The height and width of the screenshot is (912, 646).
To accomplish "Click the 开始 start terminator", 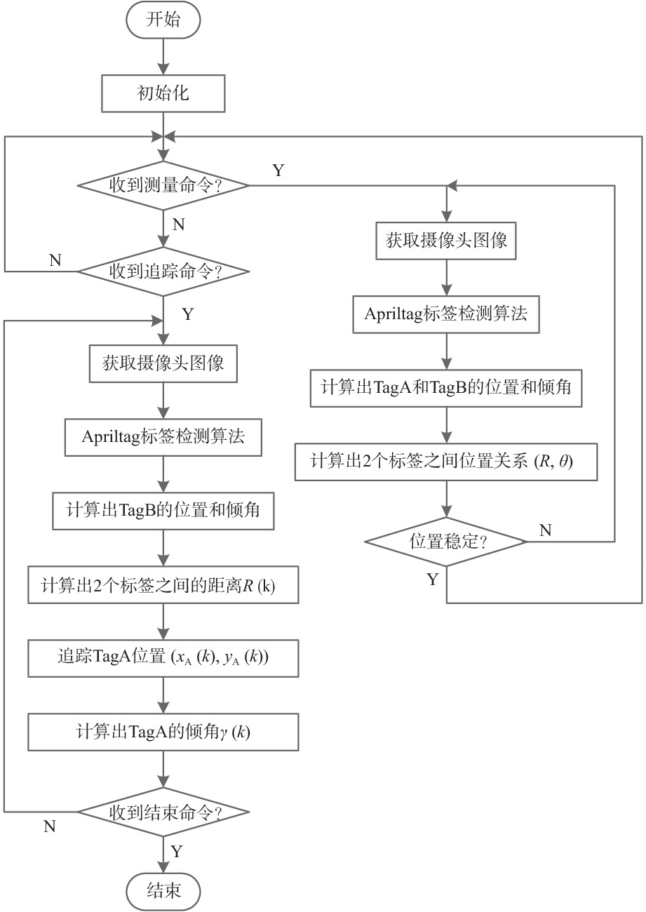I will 163,20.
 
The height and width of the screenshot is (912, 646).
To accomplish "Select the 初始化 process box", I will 163,93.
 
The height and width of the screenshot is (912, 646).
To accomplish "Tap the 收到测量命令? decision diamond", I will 163,186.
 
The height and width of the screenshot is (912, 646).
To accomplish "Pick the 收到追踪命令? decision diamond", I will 163,271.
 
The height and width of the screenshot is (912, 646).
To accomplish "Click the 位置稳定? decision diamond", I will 447,541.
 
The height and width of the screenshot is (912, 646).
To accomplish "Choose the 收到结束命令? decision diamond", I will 163,813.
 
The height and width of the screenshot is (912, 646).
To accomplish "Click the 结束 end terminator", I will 163,891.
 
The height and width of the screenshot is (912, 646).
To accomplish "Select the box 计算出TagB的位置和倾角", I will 163,510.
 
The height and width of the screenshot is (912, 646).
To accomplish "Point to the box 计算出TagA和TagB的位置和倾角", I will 447,389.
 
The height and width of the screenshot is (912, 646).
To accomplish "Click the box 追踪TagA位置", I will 163,658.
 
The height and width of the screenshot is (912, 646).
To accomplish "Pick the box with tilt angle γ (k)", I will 163,732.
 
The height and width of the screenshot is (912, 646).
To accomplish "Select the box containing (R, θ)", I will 447,462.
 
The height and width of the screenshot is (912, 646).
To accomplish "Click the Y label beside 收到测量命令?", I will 278,170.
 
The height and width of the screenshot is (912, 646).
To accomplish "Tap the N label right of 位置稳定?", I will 544,530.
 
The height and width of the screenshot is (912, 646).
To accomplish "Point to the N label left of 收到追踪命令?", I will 55,260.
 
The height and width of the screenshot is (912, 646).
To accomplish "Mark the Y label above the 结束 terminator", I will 177,852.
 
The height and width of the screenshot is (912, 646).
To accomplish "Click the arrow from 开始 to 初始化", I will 163,56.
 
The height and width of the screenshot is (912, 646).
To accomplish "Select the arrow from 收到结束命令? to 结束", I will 163,852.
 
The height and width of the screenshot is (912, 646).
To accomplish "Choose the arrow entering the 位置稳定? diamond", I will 447,502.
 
